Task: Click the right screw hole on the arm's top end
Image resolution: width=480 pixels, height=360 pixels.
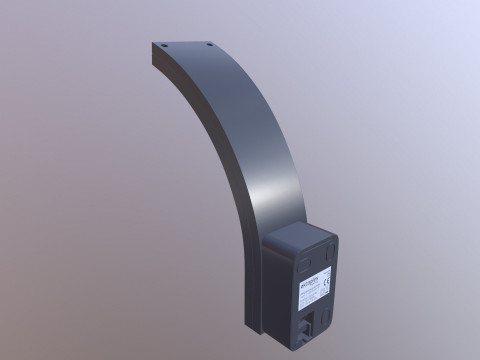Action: pyautogui.click(x=210, y=43)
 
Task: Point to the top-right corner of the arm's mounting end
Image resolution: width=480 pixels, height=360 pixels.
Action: pyautogui.click(x=217, y=41)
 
